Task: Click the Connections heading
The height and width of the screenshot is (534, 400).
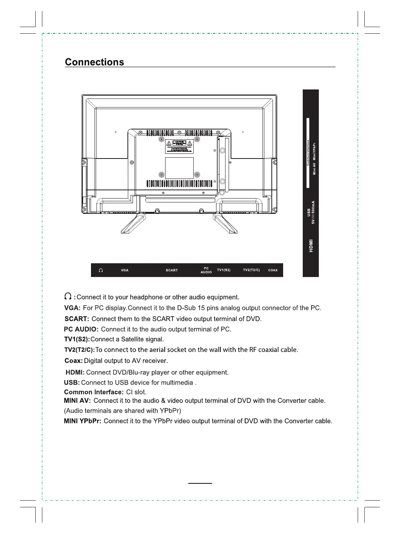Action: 94,62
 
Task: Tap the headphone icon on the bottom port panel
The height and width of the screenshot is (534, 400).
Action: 101,270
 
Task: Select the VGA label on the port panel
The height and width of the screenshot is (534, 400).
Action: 125,270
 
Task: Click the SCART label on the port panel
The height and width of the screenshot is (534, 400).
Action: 172,270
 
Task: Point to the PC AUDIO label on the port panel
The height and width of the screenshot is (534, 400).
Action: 206,270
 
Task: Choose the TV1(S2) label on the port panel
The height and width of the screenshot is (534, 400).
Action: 224,270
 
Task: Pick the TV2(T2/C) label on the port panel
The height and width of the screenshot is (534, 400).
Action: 251,270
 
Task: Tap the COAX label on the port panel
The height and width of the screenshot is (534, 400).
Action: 273,270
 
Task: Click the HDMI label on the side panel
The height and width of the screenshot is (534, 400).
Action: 311,246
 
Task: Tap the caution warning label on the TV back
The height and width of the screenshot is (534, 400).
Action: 179,146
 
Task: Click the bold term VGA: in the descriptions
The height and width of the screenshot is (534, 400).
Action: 72,308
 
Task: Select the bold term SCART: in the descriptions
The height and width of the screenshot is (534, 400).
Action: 77,319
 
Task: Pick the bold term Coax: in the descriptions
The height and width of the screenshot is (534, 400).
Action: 74,361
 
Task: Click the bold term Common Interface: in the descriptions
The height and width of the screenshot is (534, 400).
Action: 94,392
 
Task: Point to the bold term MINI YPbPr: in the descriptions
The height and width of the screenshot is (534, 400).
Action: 82,421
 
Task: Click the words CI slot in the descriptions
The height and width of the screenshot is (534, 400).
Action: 136,392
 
